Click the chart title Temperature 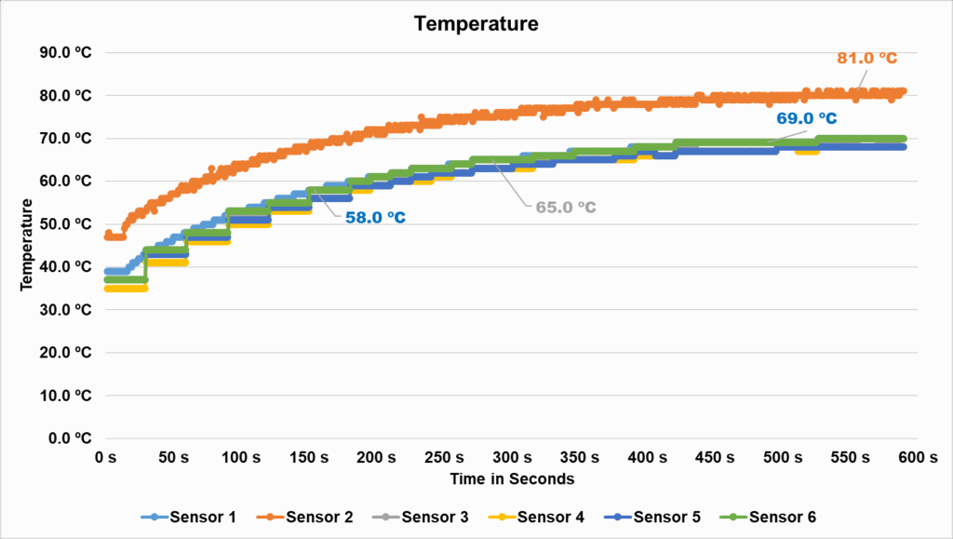(476, 23)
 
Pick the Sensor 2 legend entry (306, 517)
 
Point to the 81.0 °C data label (866, 59)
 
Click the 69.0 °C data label (807, 118)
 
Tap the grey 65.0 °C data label (565, 207)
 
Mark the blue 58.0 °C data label (374, 217)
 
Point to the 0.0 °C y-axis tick (69, 438)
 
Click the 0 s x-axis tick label (104, 457)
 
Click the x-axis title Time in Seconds (511, 478)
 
